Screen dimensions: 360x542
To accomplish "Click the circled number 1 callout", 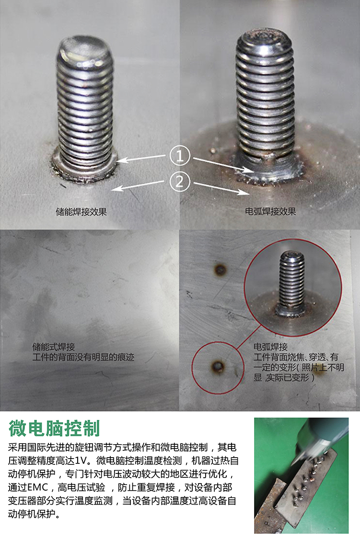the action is tap(180, 156).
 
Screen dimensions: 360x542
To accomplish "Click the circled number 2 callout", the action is tap(180, 181).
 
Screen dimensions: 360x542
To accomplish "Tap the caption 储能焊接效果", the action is tap(81, 211).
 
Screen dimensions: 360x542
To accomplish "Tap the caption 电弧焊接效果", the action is tap(270, 211).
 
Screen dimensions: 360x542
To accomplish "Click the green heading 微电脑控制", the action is tap(54, 428).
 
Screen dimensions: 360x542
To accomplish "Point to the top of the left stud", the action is tap(85, 48).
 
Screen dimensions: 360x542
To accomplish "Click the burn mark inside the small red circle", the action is tap(218, 366).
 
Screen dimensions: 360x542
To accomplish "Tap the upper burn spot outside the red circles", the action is tap(220, 270).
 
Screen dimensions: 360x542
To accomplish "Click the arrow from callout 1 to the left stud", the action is tap(142, 159).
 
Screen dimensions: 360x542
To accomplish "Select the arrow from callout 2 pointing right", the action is tap(221, 188).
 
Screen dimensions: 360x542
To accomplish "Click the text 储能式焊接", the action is tap(54, 346).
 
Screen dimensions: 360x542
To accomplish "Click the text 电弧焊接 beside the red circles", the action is tap(270, 346).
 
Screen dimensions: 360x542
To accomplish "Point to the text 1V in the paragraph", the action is tap(85, 461).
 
